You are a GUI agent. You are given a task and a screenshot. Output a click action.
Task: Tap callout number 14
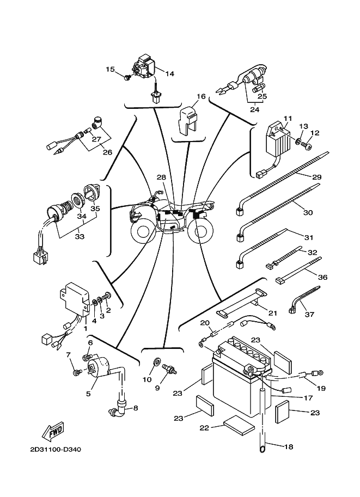[x=169, y=73]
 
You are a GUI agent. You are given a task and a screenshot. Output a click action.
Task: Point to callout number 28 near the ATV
[x=161, y=177]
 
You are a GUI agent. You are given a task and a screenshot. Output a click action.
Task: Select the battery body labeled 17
[x=234, y=381]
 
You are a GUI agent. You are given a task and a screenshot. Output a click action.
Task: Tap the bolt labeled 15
[x=127, y=78]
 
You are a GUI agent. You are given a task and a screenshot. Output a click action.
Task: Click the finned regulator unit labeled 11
[x=278, y=139]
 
